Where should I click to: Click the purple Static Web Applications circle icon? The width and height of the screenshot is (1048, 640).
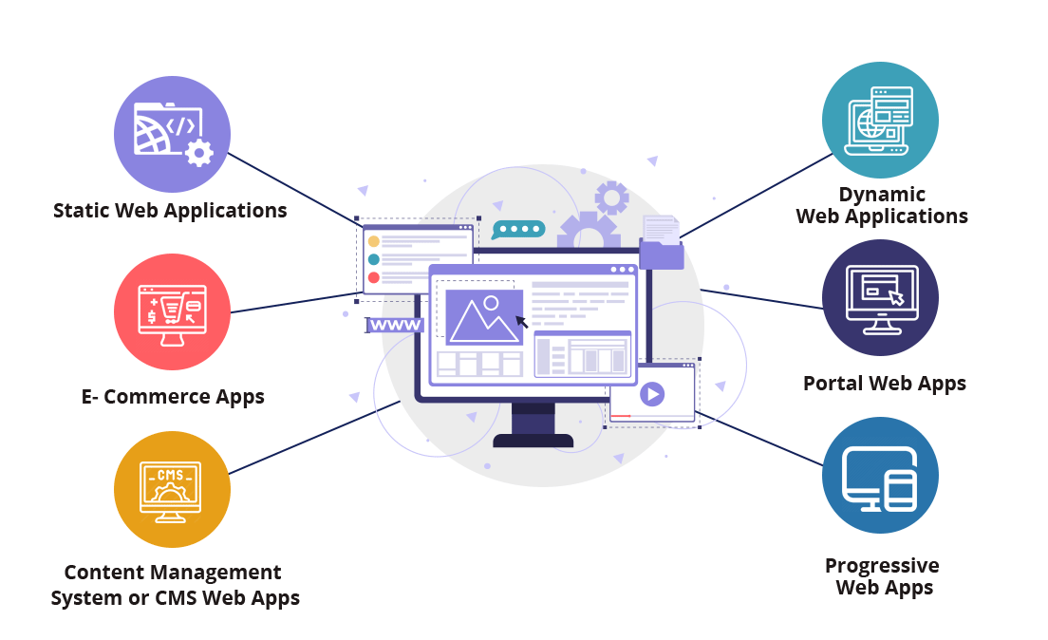pyautogui.click(x=172, y=134)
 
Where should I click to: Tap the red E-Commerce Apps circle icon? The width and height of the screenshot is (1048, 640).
pyautogui.click(x=172, y=311)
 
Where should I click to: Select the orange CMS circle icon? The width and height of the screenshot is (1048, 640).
pyautogui.click(x=172, y=490)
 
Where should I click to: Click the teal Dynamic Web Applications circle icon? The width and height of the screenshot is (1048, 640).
pyautogui.click(x=880, y=120)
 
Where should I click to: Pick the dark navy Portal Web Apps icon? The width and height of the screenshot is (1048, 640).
pyautogui.click(x=880, y=297)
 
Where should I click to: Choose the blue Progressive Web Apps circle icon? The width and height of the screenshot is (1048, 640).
pyautogui.click(x=880, y=476)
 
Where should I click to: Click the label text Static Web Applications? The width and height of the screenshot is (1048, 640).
pyautogui.click(x=170, y=211)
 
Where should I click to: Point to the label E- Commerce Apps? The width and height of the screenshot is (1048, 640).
pyautogui.click(x=173, y=397)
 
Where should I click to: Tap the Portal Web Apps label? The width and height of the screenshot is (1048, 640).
pyautogui.click(x=885, y=384)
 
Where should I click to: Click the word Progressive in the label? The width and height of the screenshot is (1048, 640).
pyautogui.click(x=882, y=566)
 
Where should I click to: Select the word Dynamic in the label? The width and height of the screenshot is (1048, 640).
pyautogui.click(x=882, y=194)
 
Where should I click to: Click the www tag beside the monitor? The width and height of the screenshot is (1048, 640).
pyautogui.click(x=395, y=325)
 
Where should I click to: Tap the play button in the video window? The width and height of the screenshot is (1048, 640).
pyautogui.click(x=652, y=394)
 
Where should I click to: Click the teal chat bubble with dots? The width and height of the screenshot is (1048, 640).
pyautogui.click(x=518, y=230)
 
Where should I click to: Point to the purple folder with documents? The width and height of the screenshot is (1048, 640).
pyautogui.click(x=662, y=243)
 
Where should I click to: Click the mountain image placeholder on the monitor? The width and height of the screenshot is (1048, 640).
pyautogui.click(x=484, y=317)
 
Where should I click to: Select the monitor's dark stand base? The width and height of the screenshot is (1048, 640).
pyautogui.click(x=533, y=441)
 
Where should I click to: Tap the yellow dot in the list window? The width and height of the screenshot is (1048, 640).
pyautogui.click(x=374, y=241)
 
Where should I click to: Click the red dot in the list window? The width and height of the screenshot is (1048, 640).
pyautogui.click(x=374, y=277)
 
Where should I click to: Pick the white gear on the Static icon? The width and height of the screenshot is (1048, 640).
pyautogui.click(x=198, y=153)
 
